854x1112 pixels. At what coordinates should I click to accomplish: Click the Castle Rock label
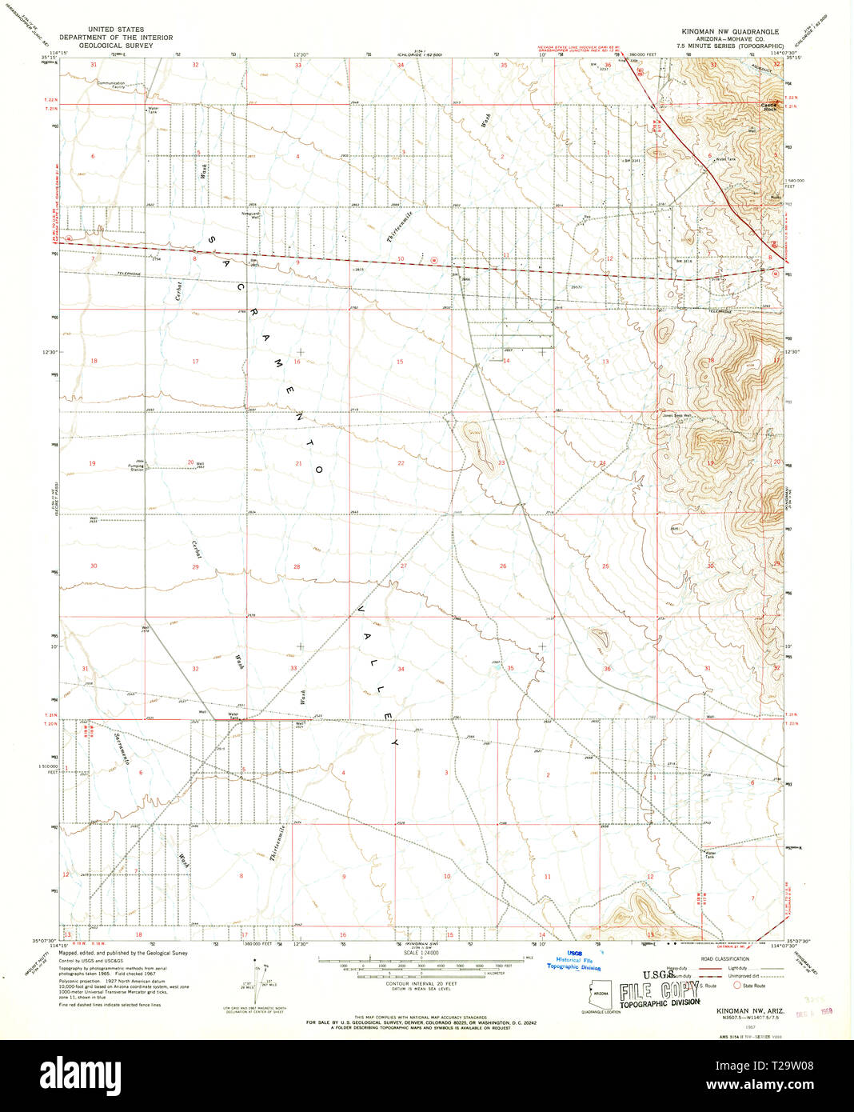pos(769,104)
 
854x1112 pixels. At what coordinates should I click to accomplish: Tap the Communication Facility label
pos(111,84)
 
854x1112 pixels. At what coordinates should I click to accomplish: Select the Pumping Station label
pos(135,466)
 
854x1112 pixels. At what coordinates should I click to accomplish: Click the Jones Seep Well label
pos(676,415)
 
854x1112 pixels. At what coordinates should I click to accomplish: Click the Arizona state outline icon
pos(601,993)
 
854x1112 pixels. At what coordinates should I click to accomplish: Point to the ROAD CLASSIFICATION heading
pos(725,958)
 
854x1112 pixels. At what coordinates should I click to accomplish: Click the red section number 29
pos(195,566)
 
